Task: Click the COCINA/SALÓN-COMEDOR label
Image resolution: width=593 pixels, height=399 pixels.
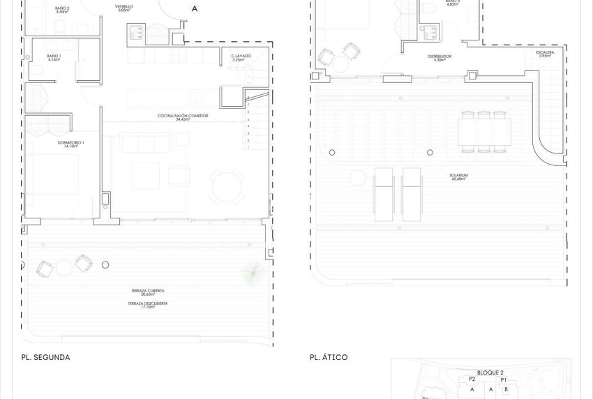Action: pyautogui.click(x=174, y=116)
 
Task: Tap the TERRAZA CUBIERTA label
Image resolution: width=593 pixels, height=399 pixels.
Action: pyautogui.click(x=147, y=290)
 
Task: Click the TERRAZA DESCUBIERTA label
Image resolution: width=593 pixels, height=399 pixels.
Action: pyautogui.click(x=147, y=303)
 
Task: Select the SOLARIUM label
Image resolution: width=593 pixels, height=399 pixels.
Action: pyautogui.click(x=458, y=176)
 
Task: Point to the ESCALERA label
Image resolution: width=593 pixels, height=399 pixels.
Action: pyautogui.click(x=546, y=52)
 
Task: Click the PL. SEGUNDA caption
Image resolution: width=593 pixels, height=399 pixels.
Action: pyautogui.click(x=46, y=357)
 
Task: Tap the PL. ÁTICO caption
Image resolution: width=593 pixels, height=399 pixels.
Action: pyautogui.click(x=329, y=357)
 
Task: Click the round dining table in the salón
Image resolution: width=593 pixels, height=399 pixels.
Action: pyautogui.click(x=222, y=186)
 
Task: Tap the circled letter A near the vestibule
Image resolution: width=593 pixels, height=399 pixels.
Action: pyautogui.click(x=194, y=9)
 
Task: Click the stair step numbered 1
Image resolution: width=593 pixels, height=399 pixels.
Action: pyautogui.click(x=249, y=147)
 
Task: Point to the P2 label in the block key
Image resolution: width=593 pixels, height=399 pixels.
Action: pyautogui.click(x=472, y=379)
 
